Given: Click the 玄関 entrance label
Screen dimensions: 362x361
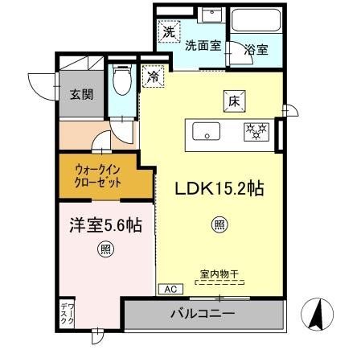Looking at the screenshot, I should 80,93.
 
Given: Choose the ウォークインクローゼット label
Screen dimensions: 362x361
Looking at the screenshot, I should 99,177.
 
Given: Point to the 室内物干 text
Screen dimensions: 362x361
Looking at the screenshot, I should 219,274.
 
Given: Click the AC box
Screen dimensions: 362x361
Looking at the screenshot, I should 170,289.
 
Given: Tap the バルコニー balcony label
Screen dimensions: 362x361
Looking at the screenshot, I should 203,313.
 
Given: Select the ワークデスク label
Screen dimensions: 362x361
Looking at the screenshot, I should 68,313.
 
